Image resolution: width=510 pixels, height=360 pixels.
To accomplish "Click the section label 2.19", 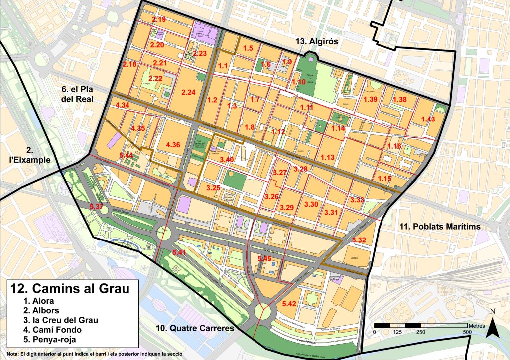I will coord(158,19).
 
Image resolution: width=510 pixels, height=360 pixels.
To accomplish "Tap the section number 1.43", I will coord(428,119).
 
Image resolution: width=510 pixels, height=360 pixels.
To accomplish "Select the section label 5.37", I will coord(96,206).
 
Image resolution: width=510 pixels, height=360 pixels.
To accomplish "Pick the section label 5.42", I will coord(289,303).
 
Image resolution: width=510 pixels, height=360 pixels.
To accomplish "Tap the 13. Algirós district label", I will coord(315,42).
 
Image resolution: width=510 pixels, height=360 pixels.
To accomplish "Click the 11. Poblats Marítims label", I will coord(440,227).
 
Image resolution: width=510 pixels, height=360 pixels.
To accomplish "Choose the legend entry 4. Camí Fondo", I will coord(48,330).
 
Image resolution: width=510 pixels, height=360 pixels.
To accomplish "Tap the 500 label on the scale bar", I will coord(467,332).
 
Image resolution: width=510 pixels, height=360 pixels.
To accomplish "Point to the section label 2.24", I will coord(189,92).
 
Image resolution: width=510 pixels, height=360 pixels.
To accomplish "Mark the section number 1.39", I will coord(371,100).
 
